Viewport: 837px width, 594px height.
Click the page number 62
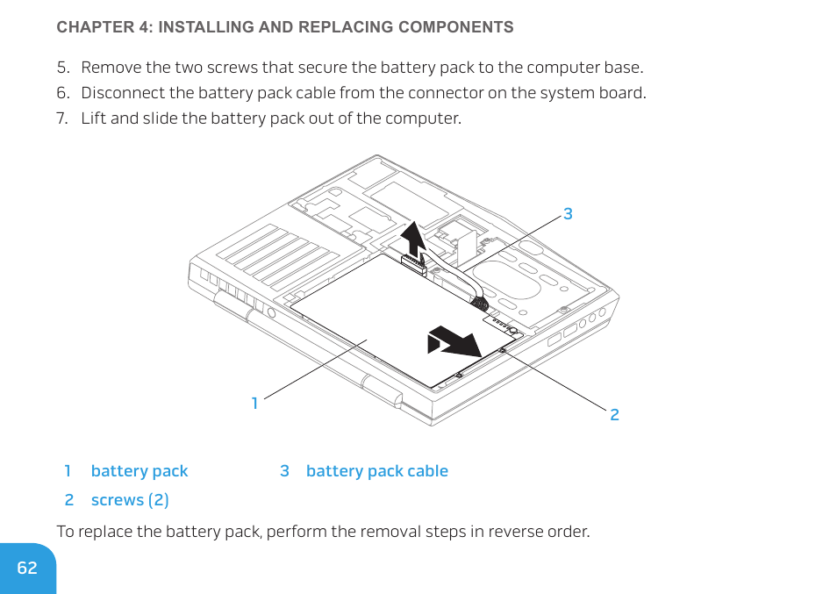(x=27, y=568)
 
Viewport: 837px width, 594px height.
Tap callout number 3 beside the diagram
(x=568, y=213)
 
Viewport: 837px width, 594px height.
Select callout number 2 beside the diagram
(x=614, y=414)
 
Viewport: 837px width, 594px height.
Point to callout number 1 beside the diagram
(x=254, y=404)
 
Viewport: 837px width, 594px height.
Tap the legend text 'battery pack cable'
(x=376, y=471)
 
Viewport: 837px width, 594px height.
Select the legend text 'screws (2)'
(x=130, y=500)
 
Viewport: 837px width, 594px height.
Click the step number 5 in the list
(x=61, y=68)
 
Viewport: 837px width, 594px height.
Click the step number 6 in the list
(x=61, y=93)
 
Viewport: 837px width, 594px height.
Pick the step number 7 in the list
(x=61, y=118)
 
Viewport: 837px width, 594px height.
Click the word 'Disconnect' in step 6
(x=118, y=93)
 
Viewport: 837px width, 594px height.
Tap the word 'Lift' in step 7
(x=93, y=118)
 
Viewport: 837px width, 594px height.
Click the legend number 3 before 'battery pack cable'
(x=284, y=471)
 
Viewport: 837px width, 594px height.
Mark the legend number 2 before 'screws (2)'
(x=69, y=500)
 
